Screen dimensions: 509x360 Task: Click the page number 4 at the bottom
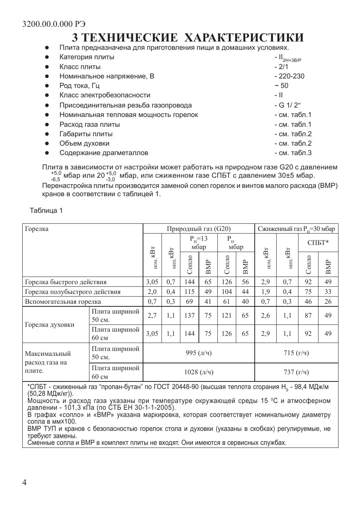click(x=25, y=483)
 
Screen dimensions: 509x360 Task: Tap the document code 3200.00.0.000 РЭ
click(x=54, y=24)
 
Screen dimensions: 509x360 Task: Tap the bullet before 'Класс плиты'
click(x=47, y=67)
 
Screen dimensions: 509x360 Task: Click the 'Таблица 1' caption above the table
click(x=46, y=211)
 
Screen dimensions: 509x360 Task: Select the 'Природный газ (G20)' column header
click(x=198, y=229)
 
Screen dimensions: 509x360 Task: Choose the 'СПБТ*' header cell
click(x=318, y=243)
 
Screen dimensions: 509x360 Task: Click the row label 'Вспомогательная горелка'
click(x=63, y=301)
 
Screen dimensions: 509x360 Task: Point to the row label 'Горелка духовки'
click(x=49, y=324)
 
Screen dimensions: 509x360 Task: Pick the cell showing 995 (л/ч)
click(x=198, y=353)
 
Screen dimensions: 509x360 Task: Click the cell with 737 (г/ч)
click(x=296, y=372)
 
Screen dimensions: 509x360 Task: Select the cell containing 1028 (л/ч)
click(x=198, y=372)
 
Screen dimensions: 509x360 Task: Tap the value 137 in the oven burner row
click(x=189, y=315)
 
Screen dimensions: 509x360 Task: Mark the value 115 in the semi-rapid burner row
click(x=189, y=292)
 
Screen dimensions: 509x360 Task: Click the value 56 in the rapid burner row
click(x=245, y=282)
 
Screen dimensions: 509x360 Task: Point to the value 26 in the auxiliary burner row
click(x=328, y=301)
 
